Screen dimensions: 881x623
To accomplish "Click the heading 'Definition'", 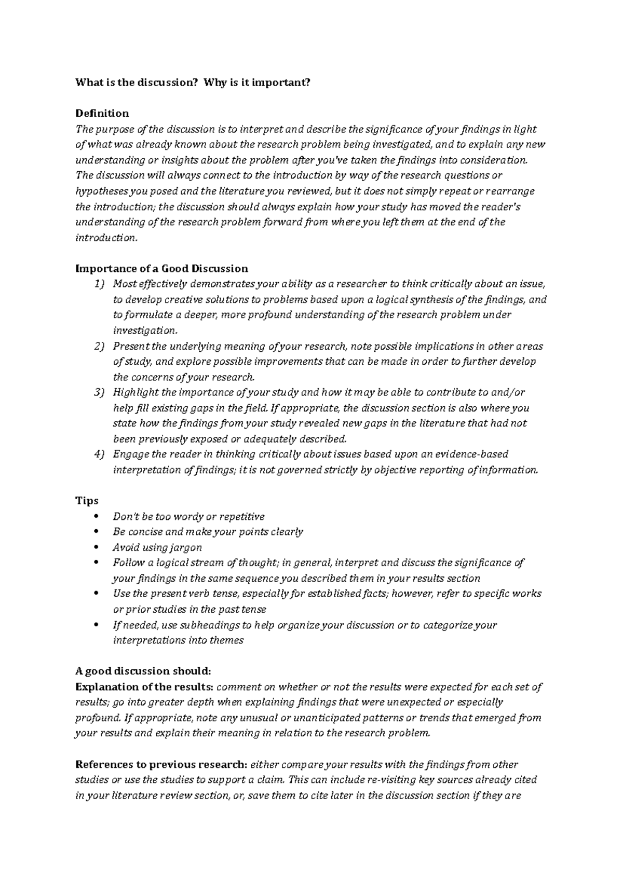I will click(102, 113).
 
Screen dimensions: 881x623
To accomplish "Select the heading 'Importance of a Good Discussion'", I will click(161, 268).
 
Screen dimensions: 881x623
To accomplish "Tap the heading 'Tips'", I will click(87, 501).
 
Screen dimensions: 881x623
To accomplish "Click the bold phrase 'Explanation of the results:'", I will click(144, 687).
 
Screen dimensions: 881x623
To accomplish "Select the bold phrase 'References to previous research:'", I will click(161, 764).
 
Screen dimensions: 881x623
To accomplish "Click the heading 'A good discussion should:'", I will click(143, 671).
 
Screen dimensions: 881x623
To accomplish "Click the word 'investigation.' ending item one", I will click(145, 331).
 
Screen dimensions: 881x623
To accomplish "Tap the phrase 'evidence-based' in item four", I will click(476, 454).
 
